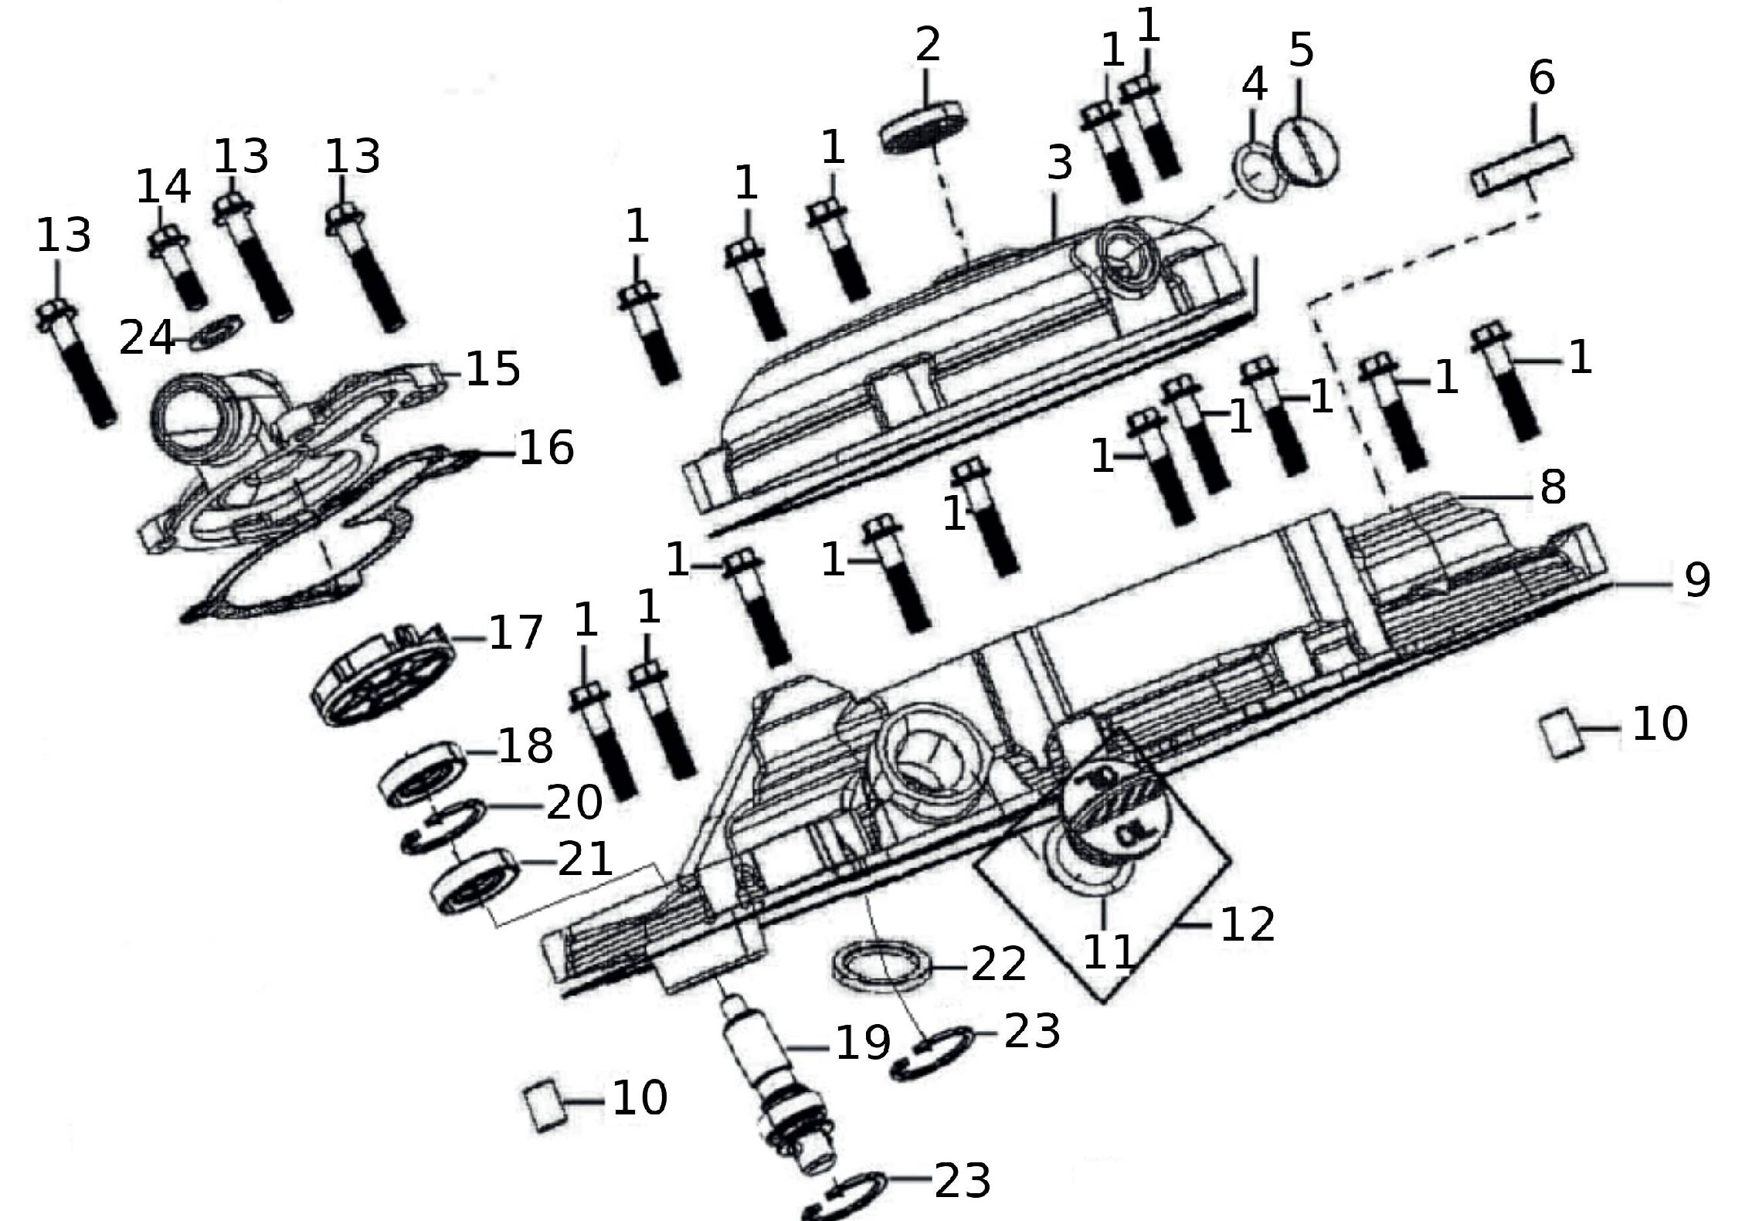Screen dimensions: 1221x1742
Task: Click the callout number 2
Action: pyautogui.click(x=927, y=45)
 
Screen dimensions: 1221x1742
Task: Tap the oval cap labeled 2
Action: pyautogui.click(x=924, y=127)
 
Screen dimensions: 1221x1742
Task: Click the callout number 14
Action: pyautogui.click(x=163, y=187)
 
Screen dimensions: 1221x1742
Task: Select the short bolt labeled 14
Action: pyautogui.click(x=179, y=266)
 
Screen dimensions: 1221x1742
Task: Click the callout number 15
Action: pyautogui.click(x=493, y=369)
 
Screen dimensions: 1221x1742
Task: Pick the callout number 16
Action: pyautogui.click(x=546, y=449)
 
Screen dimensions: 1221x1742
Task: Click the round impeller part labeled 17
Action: pyautogui.click(x=382, y=676)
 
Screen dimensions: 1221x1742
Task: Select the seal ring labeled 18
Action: pyautogui.click(x=423, y=774)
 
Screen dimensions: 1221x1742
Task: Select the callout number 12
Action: pyautogui.click(x=1247, y=923)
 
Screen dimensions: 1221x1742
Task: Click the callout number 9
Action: pyautogui.click(x=1696, y=579)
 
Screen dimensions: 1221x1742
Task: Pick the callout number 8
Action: pyautogui.click(x=1553, y=487)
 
